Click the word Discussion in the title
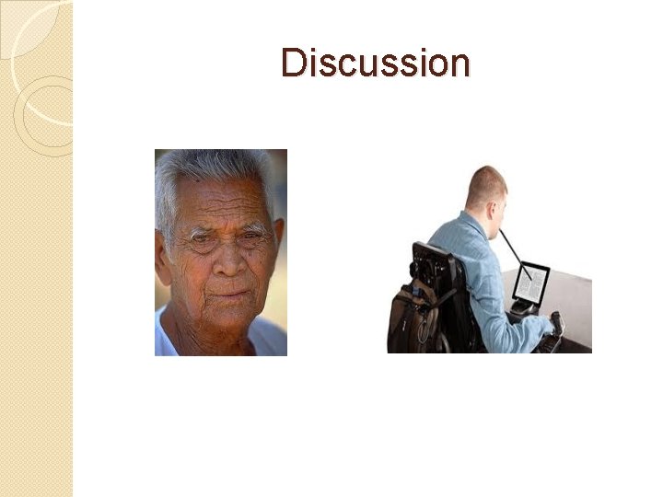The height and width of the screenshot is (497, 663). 376,64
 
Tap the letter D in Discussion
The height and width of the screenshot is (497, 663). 292,64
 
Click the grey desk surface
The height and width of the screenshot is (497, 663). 571,295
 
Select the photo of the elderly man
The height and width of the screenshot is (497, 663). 221,252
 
